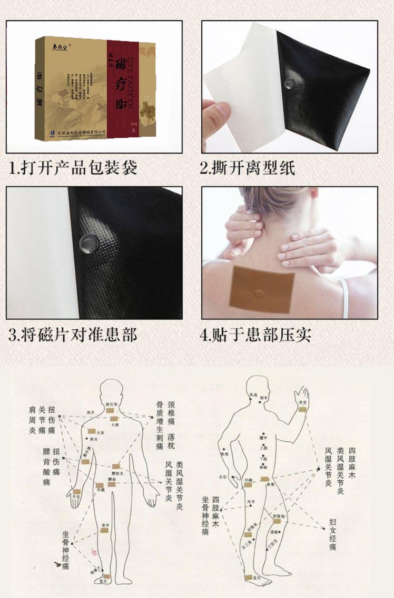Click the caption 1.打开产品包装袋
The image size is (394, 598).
pyautogui.click(x=74, y=168)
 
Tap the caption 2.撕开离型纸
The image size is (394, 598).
pyautogui.click(x=247, y=168)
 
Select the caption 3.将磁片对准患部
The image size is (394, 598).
pyautogui.click(x=73, y=335)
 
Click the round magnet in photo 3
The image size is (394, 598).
pyautogui.click(x=85, y=241)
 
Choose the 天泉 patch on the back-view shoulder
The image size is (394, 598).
pyautogui.click(x=92, y=431)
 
